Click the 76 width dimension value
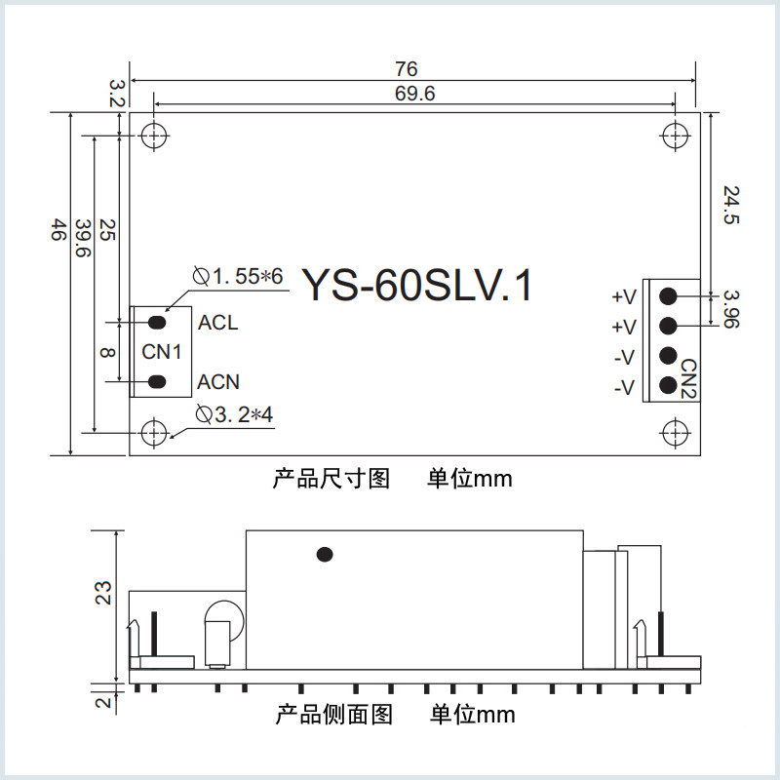point(406,69)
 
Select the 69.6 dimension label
point(415,94)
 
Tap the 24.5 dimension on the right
point(731,205)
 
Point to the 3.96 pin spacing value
point(730,309)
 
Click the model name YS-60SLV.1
point(417,285)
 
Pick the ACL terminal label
point(217,323)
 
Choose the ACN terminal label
point(218,382)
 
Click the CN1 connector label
point(162,352)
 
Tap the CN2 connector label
point(688,379)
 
